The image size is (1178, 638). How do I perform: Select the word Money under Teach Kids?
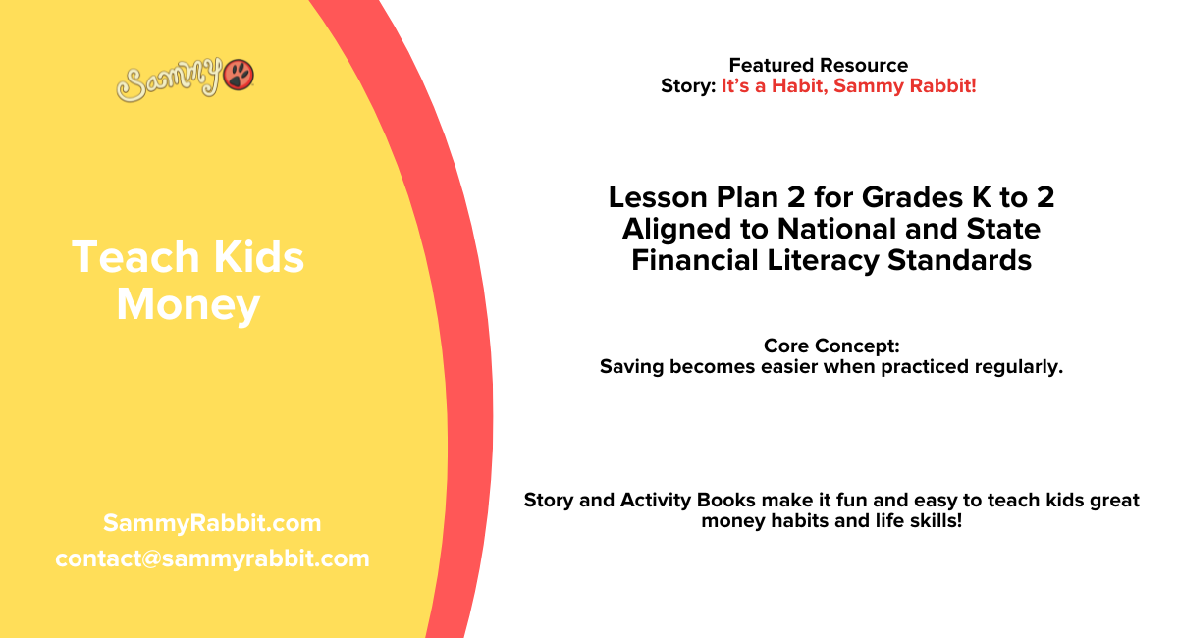click(187, 305)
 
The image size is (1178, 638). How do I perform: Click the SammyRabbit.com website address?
click(212, 523)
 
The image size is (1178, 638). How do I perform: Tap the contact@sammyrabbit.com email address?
click(212, 558)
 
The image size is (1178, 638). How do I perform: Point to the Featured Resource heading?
click(818, 65)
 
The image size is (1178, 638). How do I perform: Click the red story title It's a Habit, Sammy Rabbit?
click(848, 86)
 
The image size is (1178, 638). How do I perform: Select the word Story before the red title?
click(686, 86)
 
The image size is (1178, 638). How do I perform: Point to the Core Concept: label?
click(831, 346)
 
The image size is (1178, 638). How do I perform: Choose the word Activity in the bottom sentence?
click(657, 501)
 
